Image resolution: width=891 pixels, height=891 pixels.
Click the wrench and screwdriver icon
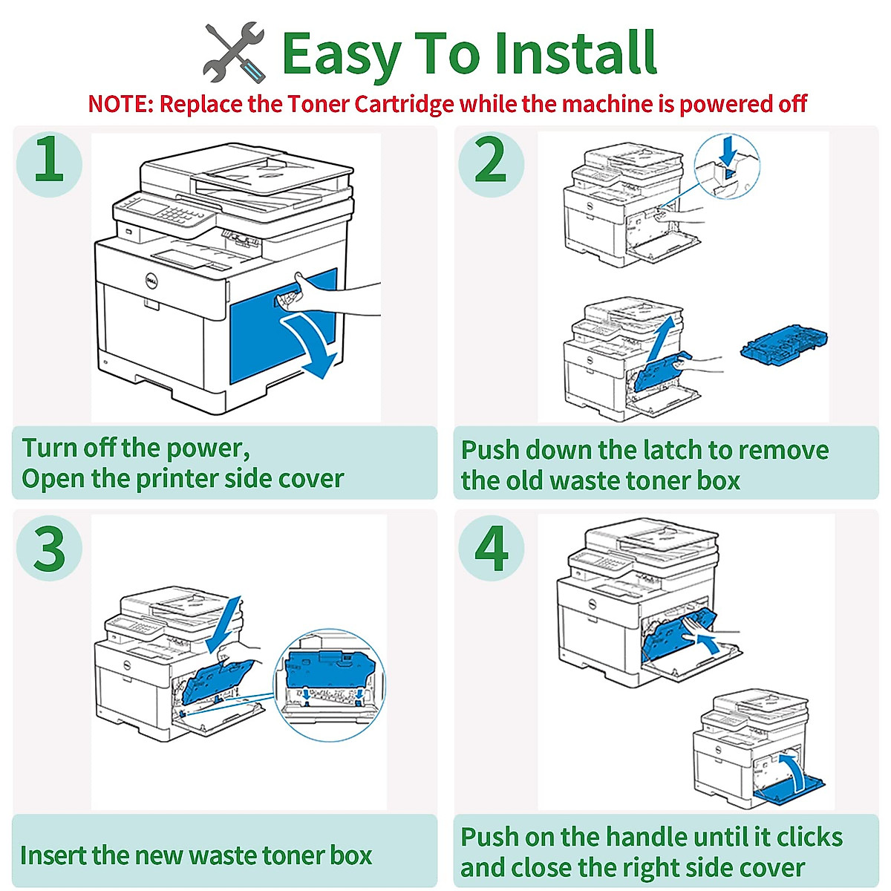(234, 53)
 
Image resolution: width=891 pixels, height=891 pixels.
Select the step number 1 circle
(49, 161)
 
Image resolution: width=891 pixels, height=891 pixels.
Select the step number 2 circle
(491, 161)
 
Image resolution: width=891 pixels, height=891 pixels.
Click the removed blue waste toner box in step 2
(783, 348)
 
